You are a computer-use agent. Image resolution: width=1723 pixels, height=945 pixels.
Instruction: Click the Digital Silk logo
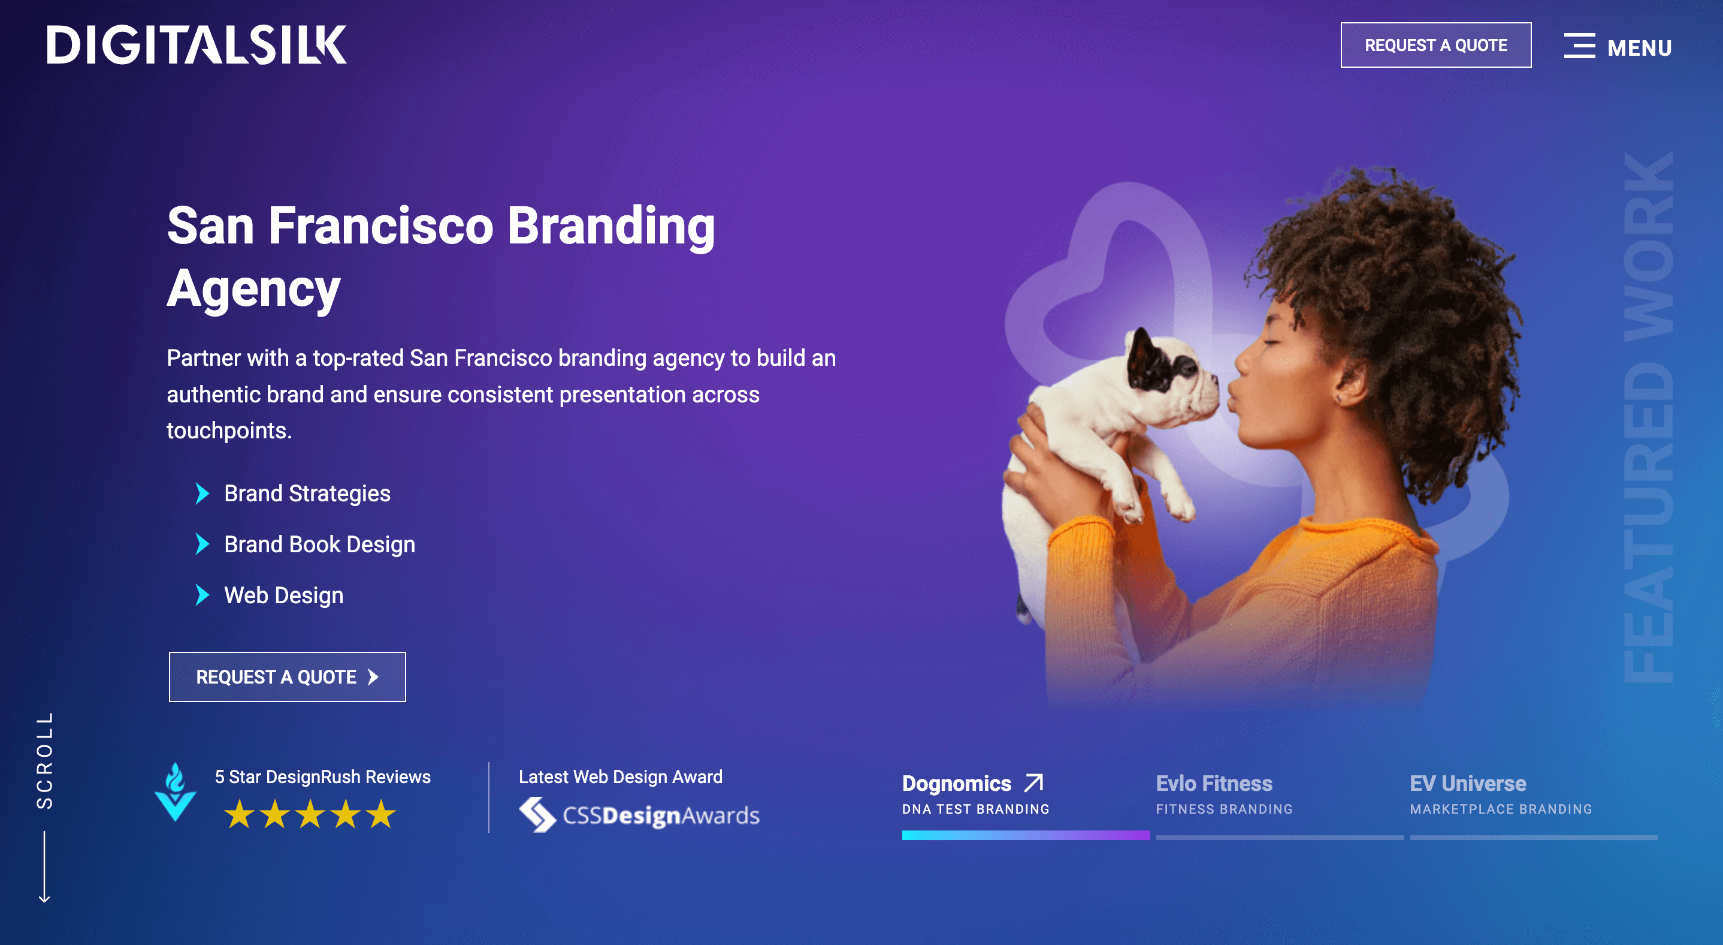(197, 45)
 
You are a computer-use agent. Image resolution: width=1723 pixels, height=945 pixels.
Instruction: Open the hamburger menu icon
(1579, 46)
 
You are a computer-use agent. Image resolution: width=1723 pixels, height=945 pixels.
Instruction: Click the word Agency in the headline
(253, 288)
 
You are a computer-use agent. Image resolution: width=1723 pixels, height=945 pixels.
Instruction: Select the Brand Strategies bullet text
(307, 493)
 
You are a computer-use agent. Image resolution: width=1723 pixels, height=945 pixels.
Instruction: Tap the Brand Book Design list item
(320, 544)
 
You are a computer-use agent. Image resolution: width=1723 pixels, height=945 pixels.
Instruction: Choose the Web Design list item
(283, 595)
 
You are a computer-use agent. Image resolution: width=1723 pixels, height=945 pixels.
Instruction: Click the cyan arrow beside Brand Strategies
(202, 493)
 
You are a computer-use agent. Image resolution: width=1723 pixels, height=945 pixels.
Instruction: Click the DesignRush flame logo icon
(176, 791)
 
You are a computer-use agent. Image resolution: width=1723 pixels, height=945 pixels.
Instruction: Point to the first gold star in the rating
(239, 814)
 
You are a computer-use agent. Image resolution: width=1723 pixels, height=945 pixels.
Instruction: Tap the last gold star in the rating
(381, 814)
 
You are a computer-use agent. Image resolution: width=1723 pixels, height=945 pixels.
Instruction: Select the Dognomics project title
(957, 783)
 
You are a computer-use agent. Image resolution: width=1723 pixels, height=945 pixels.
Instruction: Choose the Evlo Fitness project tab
(1224, 794)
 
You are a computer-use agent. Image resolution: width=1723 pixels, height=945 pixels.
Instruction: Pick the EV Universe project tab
(1501, 794)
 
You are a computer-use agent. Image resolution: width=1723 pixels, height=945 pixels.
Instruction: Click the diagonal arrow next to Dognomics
(1034, 783)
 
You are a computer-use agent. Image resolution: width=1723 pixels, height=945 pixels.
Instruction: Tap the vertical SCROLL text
(45, 760)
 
